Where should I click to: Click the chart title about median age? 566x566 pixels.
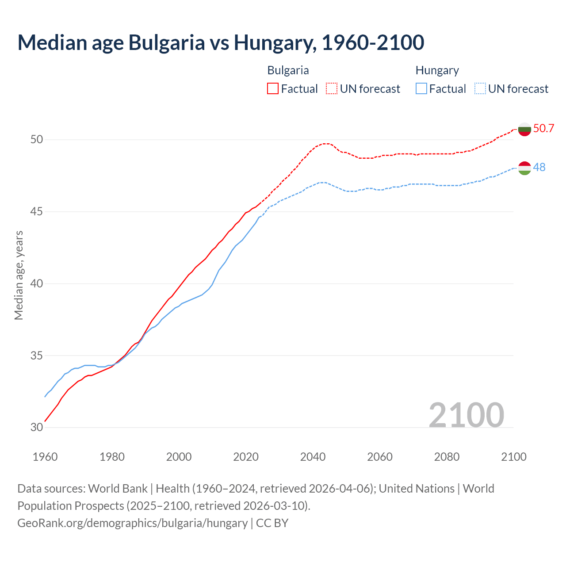[x=221, y=42]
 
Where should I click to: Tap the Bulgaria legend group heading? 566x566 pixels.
[x=288, y=70]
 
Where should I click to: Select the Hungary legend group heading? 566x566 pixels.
[x=437, y=70]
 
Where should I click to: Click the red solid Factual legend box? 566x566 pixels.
[x=273, y=88]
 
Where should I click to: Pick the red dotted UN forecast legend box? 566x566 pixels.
[x=332, y=88]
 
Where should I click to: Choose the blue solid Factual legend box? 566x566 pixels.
[x=421, y=88]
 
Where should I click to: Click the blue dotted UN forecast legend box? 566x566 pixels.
[x=480, y=88]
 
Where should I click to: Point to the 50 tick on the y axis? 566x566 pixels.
[x=37, y=140]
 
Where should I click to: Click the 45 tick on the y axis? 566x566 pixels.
[x=37, y=212]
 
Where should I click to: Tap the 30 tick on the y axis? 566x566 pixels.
[x=37, y=427]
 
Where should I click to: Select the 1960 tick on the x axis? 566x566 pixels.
[x=45, y=457]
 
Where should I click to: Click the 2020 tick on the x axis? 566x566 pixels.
[x=246, y=457]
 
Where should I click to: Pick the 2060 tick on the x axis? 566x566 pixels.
[x=380, y=457]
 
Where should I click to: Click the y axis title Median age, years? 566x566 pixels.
[x=19, y=275]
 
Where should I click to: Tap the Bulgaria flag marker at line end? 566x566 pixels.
[x=524, y=129]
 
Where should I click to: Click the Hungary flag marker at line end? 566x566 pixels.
[x=524, y=168]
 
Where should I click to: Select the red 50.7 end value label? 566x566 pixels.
[x=543, y=129]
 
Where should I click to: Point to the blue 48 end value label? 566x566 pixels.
[x=539, y=168]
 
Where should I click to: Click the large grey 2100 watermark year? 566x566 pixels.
[x=466, y=415]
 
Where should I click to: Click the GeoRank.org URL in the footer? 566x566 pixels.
[x=132, y=523]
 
